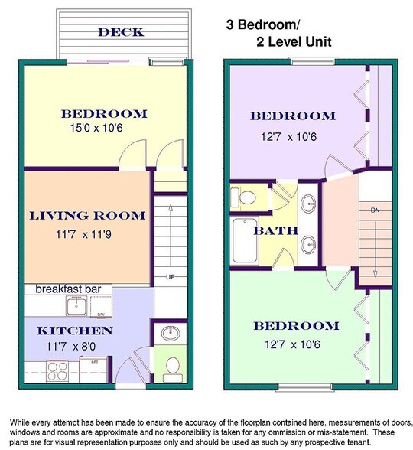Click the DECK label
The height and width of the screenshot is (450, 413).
click(121, 32)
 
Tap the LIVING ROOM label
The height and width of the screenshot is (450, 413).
click(87, 216)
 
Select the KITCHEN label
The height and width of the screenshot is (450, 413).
click(75, 331)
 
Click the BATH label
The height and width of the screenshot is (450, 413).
click(275, 231)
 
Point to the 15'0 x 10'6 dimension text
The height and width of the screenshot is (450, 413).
click(96, 128)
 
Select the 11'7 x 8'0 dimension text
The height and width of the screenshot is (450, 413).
click(71, 347)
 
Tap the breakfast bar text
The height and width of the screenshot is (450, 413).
click(68, 289)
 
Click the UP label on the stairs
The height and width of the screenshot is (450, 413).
click(171, 277)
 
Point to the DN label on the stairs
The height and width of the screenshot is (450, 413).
click(375, 210)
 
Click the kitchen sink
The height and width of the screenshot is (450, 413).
click(76, 305)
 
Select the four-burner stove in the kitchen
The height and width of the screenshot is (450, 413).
click(57, 372)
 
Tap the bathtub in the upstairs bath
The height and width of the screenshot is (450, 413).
click(245, 240)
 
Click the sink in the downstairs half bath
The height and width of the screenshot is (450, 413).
click(171, 334)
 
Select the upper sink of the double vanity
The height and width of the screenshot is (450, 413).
click(309, 204)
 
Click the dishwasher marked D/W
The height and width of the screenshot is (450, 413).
click(101, 307)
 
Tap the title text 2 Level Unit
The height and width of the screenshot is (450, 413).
click(294, 42)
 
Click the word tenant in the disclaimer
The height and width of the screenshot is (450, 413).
click(359, 442)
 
